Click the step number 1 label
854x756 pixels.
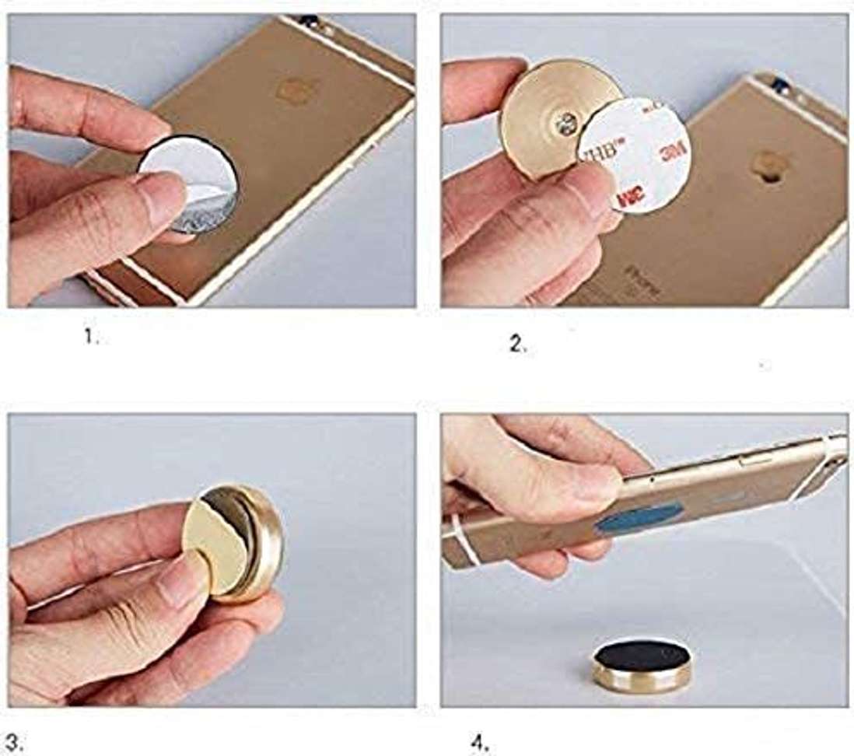[92, 338]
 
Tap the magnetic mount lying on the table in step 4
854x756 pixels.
[642, 667]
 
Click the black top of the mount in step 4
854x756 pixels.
[642, 656]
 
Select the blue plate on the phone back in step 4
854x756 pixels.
[639, 517]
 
